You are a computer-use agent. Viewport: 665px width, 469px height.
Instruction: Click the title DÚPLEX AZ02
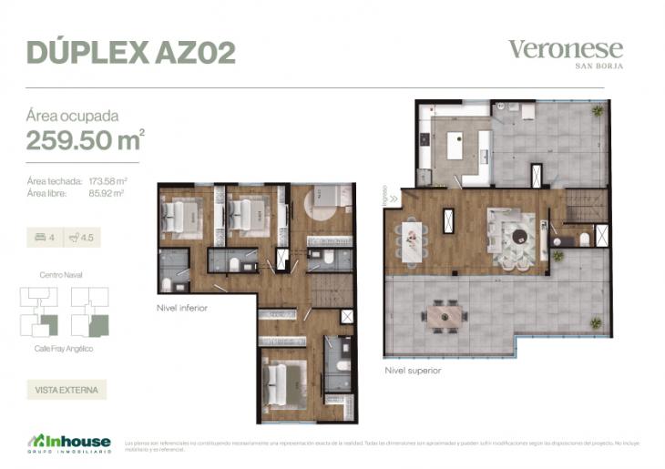(131, 52)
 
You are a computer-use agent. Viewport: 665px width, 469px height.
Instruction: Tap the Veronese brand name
(565, 49)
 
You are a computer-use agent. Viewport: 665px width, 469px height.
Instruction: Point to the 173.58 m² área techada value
(107, 181)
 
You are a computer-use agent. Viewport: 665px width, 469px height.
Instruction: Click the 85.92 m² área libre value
(106, 192)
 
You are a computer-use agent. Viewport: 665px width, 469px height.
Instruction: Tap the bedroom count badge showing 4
(45, 238)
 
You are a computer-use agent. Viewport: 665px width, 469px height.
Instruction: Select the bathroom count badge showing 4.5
(82, 238)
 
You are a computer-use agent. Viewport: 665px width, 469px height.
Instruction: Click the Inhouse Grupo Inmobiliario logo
(68, 444)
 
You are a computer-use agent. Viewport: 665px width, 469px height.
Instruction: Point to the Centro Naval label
(63, 274)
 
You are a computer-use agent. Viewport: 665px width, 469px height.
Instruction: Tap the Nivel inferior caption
(182, 308)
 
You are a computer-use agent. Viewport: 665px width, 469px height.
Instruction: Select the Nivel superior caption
(413, 371)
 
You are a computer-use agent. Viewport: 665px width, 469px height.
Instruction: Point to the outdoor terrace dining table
(444, 316)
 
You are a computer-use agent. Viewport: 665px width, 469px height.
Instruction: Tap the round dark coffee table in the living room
(517, 236)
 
